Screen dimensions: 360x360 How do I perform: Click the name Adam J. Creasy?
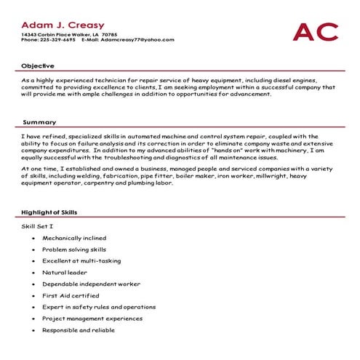click(x=63, y=25)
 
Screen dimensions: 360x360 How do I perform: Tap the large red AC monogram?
click(x=315, y=32)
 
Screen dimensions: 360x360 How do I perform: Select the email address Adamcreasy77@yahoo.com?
click(x=138, y=40)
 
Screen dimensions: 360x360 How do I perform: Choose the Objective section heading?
click(x=37, y=65)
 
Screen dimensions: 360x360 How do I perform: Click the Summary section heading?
click(x=39, y=122)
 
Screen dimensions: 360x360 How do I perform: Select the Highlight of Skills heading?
click(x=50, y=212)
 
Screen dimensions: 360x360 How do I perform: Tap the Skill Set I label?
click(x=39, y=226)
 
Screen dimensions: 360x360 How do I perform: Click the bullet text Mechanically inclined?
click(x=74, y=238)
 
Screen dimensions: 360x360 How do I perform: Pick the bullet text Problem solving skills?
click(x=73, y=249)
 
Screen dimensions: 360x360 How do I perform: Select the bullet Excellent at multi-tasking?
click(x=81, y=261)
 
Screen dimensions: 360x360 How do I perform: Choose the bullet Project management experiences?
click(x=92, y=319)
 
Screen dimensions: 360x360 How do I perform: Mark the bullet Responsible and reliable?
click(x=79, y=330)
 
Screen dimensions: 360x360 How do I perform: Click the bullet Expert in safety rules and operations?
click(x=99, y=307)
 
